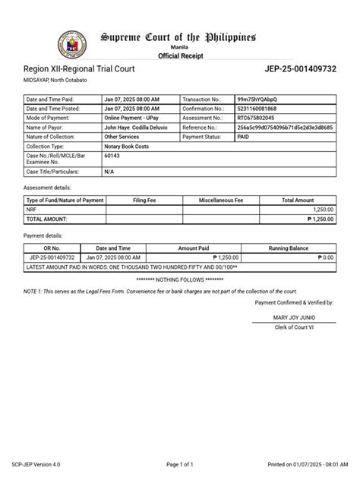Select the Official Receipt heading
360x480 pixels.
179,56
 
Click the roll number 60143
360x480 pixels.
112,155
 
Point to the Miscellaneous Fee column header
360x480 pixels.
221,200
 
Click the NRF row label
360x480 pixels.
31,209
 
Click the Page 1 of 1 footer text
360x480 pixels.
180,463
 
